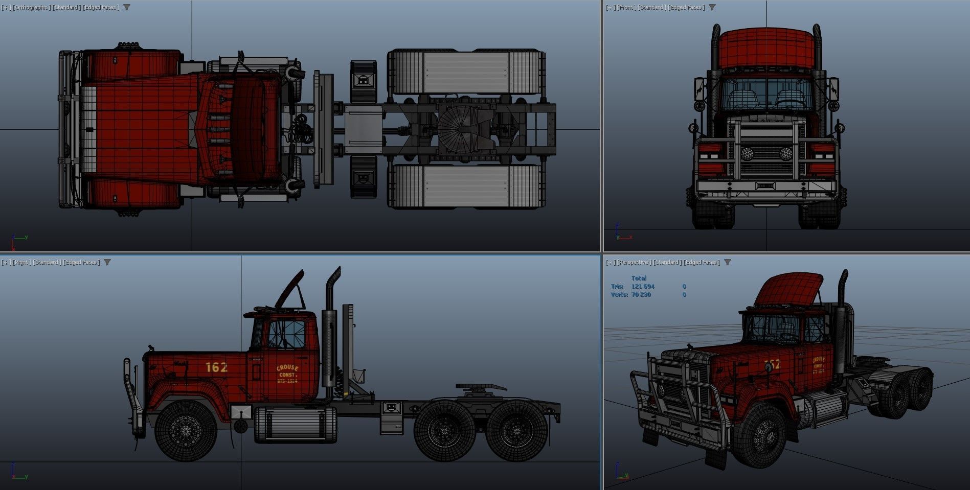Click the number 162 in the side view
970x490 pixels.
[x=216, y=367]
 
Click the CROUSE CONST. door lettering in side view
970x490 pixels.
[x=287, y=374]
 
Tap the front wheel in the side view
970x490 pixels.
[x=186, y=430]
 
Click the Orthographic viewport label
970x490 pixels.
[x=32, y=7]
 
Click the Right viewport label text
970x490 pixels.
[x=21, y=262]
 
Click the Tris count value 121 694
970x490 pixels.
[x=643, y=287]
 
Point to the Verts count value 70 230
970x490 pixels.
[x=641, y=295]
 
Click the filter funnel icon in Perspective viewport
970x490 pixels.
[x=727, y=262]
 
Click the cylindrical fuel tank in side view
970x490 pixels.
[x=296, y=424]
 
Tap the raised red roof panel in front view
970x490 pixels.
[x=765, y=49]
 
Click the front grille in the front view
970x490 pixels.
[x=765, y=153]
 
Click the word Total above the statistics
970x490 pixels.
[x=639, y=278]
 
